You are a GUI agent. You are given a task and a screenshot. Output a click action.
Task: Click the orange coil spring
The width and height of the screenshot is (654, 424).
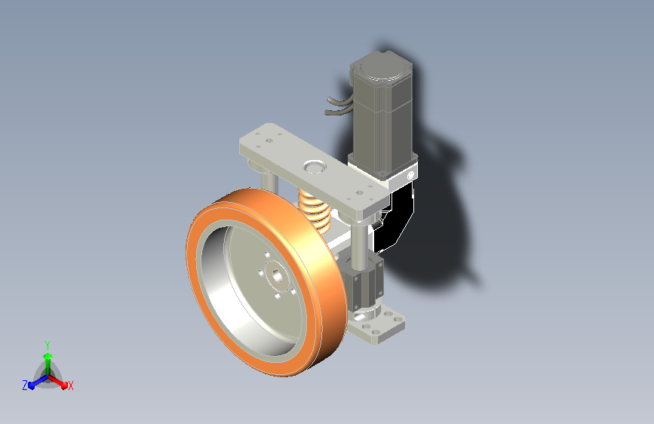point(316,210)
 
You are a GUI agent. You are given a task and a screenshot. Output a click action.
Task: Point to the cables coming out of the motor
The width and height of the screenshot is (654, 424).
point(339,106)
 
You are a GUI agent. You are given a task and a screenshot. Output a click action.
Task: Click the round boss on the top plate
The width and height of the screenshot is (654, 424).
point(315,166)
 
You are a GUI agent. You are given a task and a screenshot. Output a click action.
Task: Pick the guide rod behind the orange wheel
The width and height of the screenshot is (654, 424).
point(269,182)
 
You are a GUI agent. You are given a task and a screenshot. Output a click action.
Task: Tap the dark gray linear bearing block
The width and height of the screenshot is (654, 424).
point(362,281)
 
